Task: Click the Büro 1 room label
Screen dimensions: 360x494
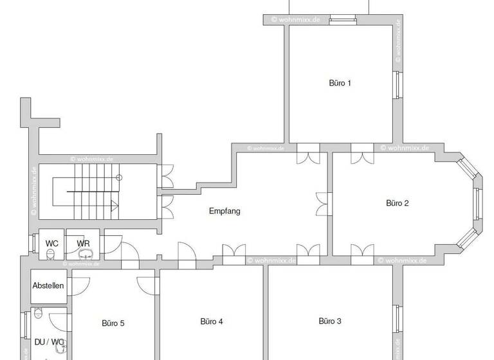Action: [340, 83]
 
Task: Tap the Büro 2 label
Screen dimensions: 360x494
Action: [397, 203]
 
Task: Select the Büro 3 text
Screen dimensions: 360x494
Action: [330, 321]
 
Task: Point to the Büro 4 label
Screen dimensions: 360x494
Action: [212, 321]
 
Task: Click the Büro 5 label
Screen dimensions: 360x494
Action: [113, 323]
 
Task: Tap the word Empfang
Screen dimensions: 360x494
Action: [224, 211]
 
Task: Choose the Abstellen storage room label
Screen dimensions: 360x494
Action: [48, 285]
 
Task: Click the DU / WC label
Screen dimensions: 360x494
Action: [48, 342]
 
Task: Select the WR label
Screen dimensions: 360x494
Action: [83, 244]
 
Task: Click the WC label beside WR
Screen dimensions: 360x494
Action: [51, 244]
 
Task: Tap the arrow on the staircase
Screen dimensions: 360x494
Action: [115, 206]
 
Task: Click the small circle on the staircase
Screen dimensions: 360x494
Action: [119, 177]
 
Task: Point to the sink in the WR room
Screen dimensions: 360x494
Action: [84, 255]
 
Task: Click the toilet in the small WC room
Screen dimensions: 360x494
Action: [51, 255]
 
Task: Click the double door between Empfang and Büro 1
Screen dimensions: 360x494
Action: [308, 156]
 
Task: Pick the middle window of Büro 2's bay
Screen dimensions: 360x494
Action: [477, 203]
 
